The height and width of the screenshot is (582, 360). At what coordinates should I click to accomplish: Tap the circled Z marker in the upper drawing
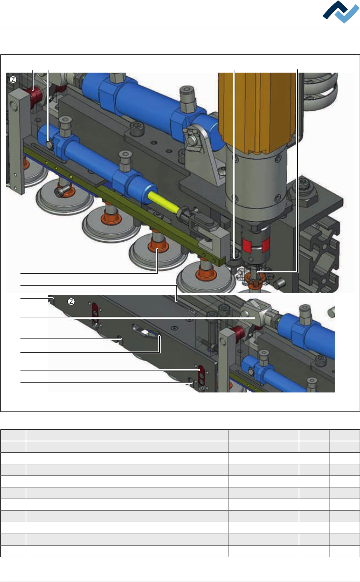pos(13,80)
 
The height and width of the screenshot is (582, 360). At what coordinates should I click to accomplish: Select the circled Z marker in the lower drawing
pos(71,302)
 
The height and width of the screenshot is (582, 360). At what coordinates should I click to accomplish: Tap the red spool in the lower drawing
pos(239,334)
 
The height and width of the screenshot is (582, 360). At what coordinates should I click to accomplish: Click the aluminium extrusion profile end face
pos(320,255)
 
